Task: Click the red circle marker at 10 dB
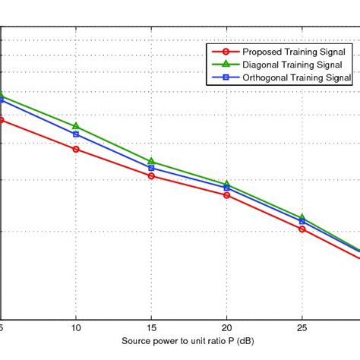pyautogui.click(x=76, y=149)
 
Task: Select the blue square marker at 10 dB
pyautogui.click(x=76, y=134)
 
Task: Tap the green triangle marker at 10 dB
pyautogui.click(x=76, y=125)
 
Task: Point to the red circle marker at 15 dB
pyautogui.click(x=151, y=175)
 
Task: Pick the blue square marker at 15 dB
pyautogui.click(x=151, y=167)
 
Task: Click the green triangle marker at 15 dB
pyautogui.click(x=151, y=161)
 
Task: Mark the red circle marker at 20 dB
pyautogui.click(x=226, y=194)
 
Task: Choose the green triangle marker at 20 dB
pyautogui.click(x=226, y=184)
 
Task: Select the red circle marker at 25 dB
pyautogui.click(x=302, y=229)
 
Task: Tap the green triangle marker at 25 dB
pyautogui.click(x=302, y=217)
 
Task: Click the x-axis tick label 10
pyautogui.click(x=76, y=328)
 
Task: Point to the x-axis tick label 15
pyautogui.click(x=151, y=328)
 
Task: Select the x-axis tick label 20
pyautogui.click(x=226, y=328)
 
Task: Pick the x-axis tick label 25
pyautogui.click(x=302, y=328)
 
